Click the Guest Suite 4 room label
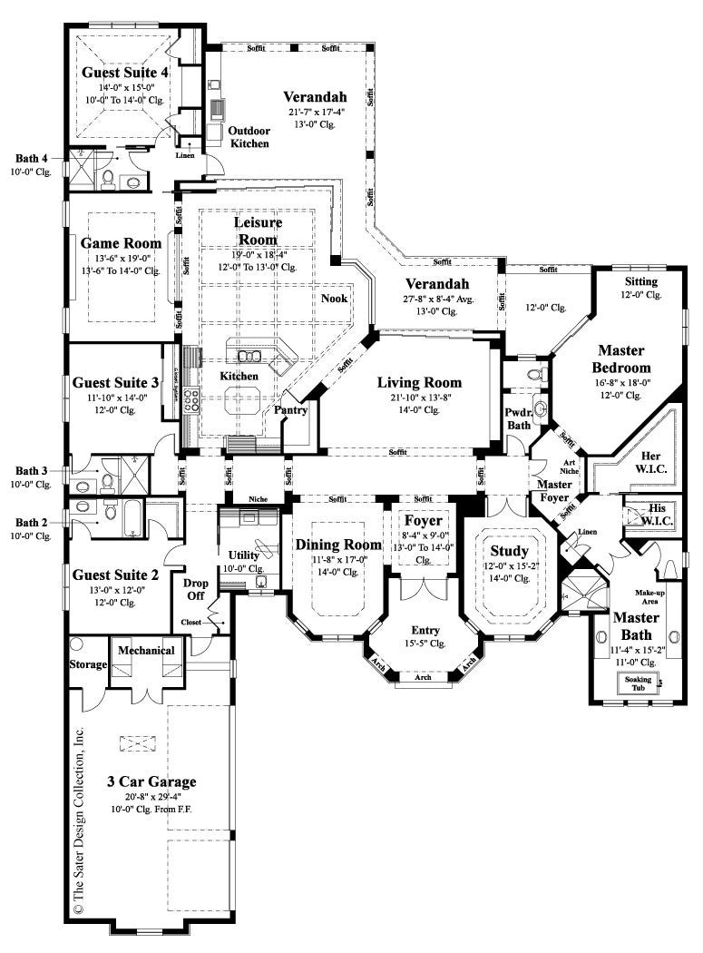[x=125, y=72]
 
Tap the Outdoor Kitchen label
[x=249, y=137]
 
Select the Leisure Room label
[x=258, y=230]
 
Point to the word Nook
[x=334, y=298]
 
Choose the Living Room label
[x=419, y=383]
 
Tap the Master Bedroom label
[x=621, y=359]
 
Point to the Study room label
[x=509, y=551]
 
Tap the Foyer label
[x=424, y=521]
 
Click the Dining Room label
[x=337, y=545]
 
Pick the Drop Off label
[x=196, y=589]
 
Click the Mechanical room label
[x=148, y=650]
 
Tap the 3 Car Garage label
[x=151, y=781]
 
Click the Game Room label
[x=121, y=243]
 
